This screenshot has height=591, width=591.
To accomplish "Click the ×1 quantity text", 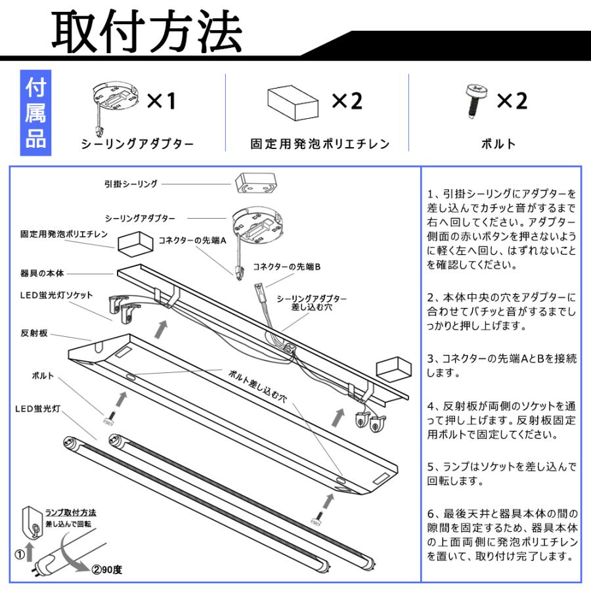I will coord(162,101).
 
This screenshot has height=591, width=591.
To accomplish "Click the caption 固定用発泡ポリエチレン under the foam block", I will coord(320,144).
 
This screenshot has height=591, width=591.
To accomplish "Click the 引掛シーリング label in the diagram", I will coord(131,184).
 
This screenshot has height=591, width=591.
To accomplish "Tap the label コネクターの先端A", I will coord(192,241).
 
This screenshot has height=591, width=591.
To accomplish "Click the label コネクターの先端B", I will coord(287,267).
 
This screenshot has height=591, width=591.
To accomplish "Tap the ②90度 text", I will coord(107,569).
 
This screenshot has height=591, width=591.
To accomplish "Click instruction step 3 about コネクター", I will coord(502,366).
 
